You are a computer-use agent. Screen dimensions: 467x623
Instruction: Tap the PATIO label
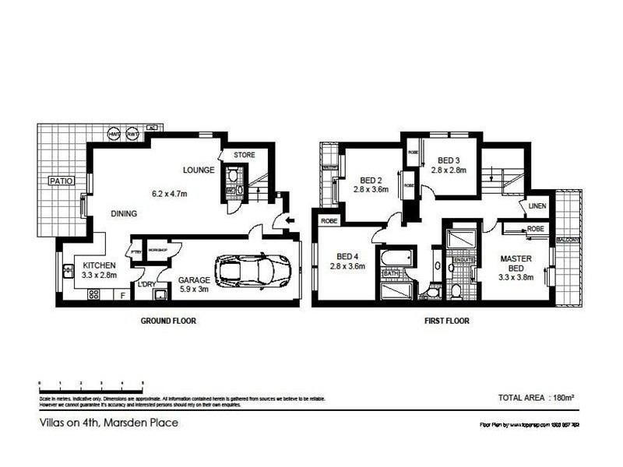(x=61, y=181)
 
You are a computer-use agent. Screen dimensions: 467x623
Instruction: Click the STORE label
(x=245, y=155)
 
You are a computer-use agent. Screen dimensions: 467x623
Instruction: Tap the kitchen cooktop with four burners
(x=93, y=295)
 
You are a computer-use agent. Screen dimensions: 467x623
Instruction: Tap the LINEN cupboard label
(x=537, y=206)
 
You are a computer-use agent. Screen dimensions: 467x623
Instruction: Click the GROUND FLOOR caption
(x=168, y=321)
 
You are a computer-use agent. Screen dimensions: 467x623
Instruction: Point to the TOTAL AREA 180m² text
(x=536, y=398)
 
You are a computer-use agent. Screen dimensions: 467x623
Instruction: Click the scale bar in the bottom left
(x=90, y=384)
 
